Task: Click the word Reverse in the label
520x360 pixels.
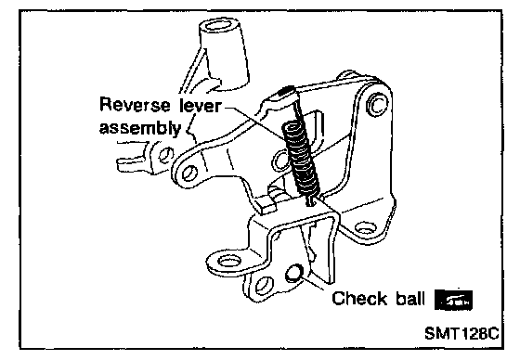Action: coord(135,105)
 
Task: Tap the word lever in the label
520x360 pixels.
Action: coord(200,105)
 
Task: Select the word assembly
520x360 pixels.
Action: coord(140,128)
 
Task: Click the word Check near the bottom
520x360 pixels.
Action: coord(359,299)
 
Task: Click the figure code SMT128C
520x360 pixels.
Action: coord(461,333)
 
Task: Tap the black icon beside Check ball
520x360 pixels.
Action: coord(453,301)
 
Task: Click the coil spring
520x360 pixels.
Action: coord(301,159)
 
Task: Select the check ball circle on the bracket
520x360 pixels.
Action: coord(293,273)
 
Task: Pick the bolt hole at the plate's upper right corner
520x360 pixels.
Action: coord(377,105)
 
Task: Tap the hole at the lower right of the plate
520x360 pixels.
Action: coord(366,228)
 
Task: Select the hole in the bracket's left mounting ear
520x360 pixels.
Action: coord(228,261)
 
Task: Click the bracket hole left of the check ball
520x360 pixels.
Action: coord(264,286)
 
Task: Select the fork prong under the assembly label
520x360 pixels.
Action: coord(132,162)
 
